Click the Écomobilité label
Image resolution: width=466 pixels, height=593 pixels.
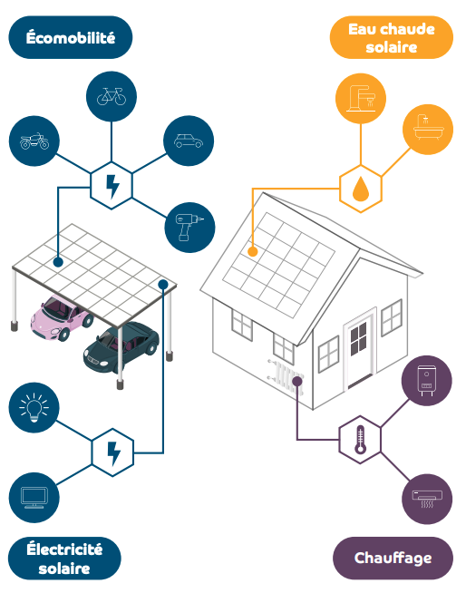point(71,37)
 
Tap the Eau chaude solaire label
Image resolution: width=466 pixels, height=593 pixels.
point(392,37)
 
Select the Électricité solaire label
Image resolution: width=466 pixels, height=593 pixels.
point(64,559)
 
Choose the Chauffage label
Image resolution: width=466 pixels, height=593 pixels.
point(393,559)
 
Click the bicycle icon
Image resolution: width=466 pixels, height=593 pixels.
point(112,96)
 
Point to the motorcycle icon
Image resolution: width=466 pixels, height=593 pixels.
point(34,141)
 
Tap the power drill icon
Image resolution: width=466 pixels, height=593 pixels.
point(189,228)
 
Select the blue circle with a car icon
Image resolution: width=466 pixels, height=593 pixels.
point(189,141)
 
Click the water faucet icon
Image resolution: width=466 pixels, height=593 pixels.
point(361,99)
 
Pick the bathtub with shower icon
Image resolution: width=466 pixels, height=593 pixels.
point(428,130)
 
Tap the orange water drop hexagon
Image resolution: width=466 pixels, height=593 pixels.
point(361,189)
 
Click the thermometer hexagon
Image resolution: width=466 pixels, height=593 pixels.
point(360,440)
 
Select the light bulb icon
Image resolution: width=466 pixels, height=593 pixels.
point(34,407)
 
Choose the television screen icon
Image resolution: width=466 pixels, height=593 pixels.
point(34,497)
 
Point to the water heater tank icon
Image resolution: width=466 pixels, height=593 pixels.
point(427,381)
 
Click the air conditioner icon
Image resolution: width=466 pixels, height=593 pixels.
point(427,499)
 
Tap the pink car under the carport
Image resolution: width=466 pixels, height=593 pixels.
point(62,317)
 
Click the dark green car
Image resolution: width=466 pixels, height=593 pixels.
point(121,346)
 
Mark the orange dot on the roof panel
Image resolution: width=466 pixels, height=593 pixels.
point(253,251)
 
